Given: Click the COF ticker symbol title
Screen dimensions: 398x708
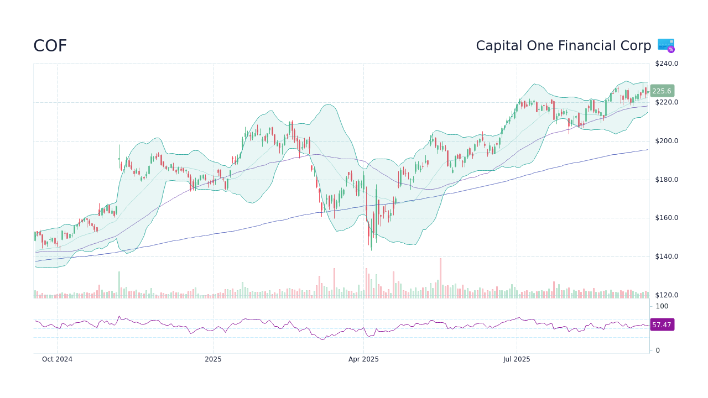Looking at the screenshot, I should (x=50, y=46).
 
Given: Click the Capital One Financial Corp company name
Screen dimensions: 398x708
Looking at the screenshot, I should (x=563, y=46).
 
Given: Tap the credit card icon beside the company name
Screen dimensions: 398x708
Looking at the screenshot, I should (x=666, y=45).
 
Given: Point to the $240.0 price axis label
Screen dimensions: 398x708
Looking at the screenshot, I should (x=666, y=64).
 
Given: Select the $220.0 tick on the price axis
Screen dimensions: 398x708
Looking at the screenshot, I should (x=666, y=102).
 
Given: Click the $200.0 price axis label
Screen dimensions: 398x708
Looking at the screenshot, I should (x=666, y=141).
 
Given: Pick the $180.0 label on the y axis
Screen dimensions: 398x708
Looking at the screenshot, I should (x=666, y=180).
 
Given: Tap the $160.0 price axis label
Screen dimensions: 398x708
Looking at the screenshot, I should (x=666, y=218).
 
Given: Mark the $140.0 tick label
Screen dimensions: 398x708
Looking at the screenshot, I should (x=666, y=256).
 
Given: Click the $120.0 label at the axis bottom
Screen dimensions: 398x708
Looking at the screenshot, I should (x=666, y=295).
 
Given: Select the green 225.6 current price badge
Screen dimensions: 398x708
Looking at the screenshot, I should (x=662, y=91).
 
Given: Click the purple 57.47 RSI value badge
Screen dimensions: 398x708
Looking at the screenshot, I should (x=662, y=325).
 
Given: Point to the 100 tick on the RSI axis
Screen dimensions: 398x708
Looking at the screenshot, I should (x=662, y=306).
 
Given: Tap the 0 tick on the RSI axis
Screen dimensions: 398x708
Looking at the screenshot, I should (x=657, y=350).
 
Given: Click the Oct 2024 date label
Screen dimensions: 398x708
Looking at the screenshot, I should (x=57, y=359).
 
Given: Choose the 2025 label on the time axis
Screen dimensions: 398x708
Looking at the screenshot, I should (x=213, y=359).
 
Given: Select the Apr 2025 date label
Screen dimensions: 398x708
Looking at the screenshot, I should (x=363, y=359).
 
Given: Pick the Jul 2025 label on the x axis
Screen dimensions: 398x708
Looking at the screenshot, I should (x=517, y=359).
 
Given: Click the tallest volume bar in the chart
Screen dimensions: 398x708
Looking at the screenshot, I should (x=440, y=278).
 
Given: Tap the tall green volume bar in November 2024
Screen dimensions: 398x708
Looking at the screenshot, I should (x=119, y=285).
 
